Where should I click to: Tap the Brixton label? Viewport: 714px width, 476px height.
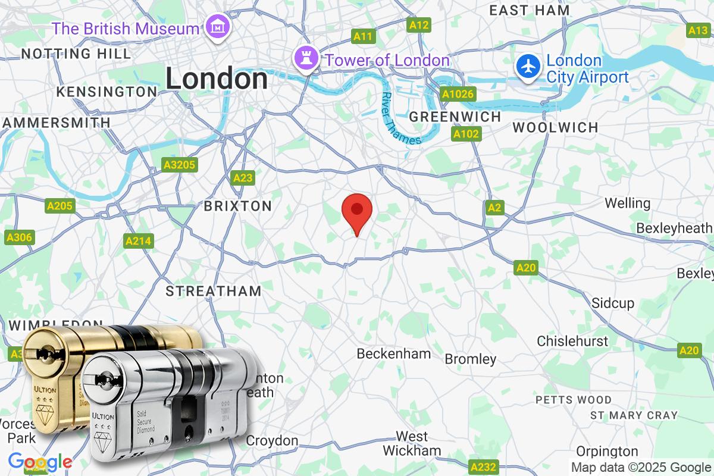coord(238,206)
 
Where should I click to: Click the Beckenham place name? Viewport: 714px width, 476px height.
coord(393,353)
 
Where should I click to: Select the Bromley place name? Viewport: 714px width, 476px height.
coord(470,359)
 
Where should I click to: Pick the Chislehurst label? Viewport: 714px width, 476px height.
coord(572,341)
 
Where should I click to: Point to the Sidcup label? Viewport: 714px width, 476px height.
coord(613,303)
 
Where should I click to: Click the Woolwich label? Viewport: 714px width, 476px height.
coord(555,127)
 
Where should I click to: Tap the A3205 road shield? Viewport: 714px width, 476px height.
coord(179,165)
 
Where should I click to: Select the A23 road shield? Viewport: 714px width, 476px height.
coord(243,178)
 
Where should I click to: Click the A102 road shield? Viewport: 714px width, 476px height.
coord(466,134)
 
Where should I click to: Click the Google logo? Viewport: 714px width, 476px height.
coord(40,462)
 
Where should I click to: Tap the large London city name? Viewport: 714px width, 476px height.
coord(217,79)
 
